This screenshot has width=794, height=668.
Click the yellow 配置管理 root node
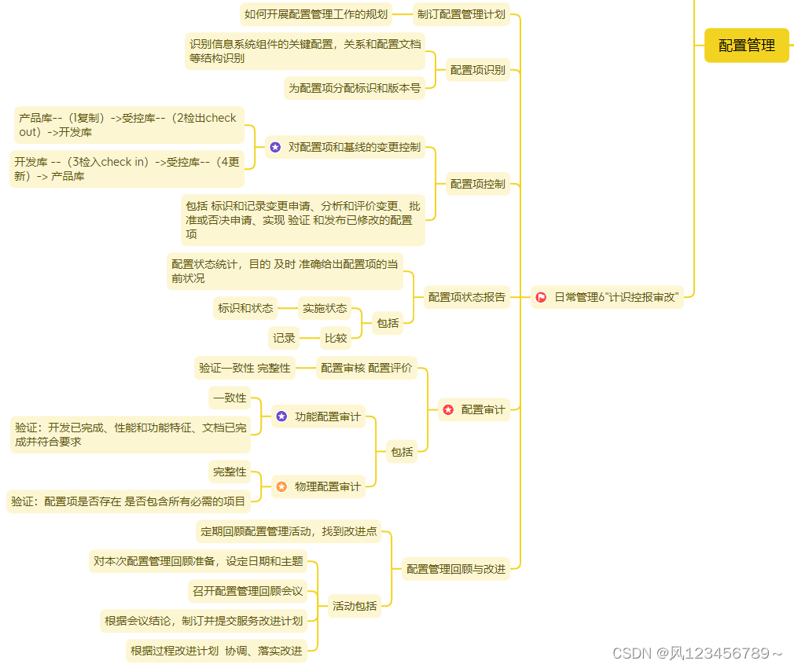[746, 46]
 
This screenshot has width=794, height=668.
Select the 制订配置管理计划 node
[461, 14]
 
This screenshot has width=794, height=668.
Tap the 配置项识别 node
[477, 70]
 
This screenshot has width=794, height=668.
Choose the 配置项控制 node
[477, 184]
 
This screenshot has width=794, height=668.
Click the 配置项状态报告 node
[467, 297]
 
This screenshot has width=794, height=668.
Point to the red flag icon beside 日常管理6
[542, 297]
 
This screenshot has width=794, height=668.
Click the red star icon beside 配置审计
[448, 409]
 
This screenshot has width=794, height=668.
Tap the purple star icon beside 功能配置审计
[281, 417]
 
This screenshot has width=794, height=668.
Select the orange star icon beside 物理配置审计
[281, 486]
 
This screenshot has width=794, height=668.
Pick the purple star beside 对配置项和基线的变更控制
[275, 147]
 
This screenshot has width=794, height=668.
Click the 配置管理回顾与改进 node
[456, 569]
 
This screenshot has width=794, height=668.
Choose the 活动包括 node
[354, 606]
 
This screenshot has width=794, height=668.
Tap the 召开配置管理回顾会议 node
[247, 591]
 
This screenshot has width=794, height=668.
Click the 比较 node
[336, 338]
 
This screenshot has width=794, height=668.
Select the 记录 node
[284, 338]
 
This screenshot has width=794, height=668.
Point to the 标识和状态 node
[245, 308]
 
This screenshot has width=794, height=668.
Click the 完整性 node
[230, 472]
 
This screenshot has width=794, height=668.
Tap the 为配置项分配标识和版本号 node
[354, 88]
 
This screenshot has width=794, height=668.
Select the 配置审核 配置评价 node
[366, 368]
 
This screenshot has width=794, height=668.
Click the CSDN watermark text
[697, 653]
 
